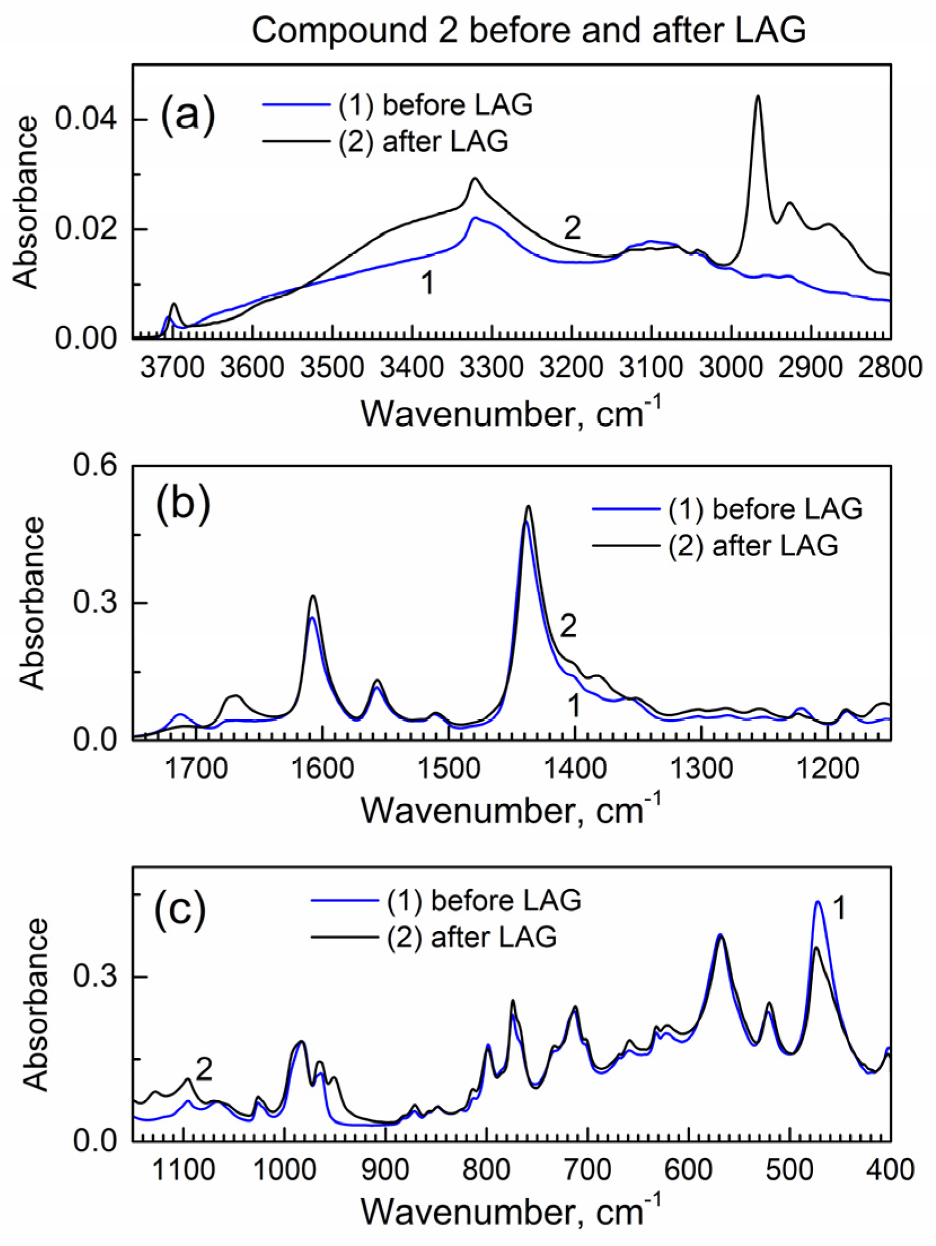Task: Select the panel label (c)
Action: (180, 909)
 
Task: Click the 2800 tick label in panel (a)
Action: (891, 368)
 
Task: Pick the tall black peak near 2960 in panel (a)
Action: (758, 97)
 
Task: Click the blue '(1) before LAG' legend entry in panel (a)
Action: (398, 105)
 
